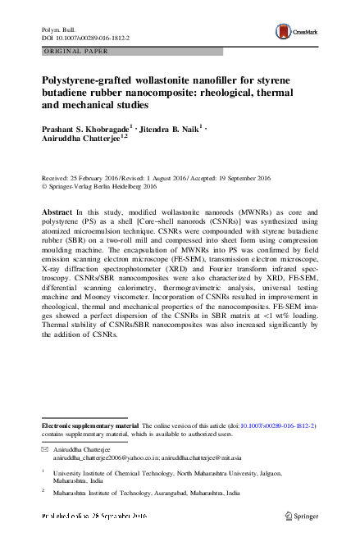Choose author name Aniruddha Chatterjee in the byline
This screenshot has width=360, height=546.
tap(80, 139)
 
